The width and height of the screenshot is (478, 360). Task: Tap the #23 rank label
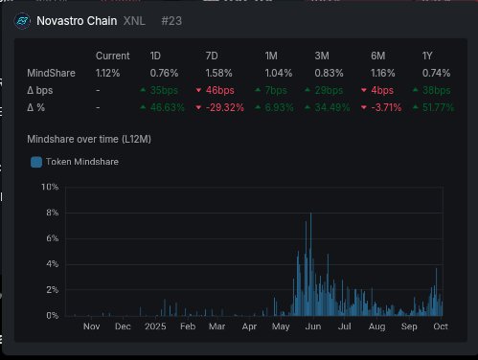pos(173,20)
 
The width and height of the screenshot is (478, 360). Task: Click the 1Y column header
pos(430,56)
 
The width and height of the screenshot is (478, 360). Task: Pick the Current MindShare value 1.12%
pos(108,72)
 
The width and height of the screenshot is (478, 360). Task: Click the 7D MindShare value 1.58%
pos(220,72)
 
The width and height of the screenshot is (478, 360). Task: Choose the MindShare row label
pos(50,72)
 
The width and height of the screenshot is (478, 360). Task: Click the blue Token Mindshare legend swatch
pos(36,163)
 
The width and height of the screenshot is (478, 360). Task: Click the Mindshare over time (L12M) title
pos(87,141)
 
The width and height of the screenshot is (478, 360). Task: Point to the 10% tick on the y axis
pos(51,187)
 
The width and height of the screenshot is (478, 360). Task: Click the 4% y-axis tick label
pos(53,264)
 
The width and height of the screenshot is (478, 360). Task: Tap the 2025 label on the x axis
pos(155,326)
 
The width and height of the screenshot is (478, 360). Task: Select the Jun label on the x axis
pos(312,326)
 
